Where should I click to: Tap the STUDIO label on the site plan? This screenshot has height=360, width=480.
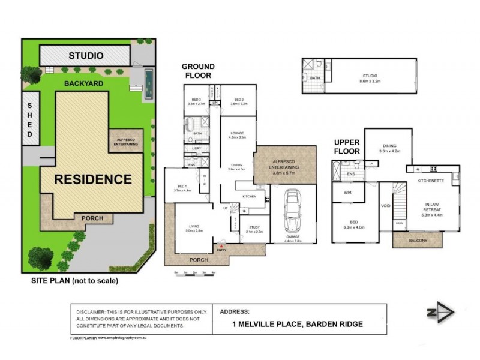pyautogui.click(x=86, y=56)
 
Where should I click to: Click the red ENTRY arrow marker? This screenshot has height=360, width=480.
pyautogui.click(x=222, y=247)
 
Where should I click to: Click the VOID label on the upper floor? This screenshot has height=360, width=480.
pyautogui.click(x=385, y=206)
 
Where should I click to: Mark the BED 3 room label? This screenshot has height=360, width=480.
pyautogui.click(x=196, y=100)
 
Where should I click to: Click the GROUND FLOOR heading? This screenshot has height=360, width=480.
pyautogui.click(x=197, y=71)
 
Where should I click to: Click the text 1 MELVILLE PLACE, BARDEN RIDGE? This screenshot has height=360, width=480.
pyautogui.click(x=297, y=325)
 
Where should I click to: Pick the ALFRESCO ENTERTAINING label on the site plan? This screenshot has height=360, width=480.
pyautogui.click(x=126, y=142)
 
